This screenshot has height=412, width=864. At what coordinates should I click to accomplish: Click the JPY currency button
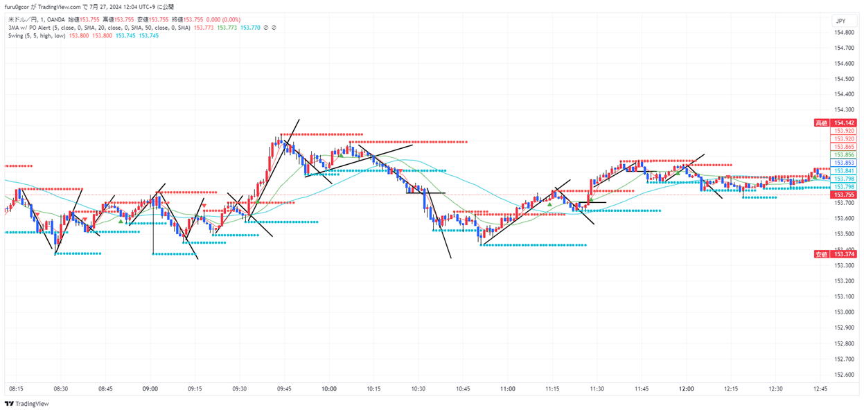coord(840,21)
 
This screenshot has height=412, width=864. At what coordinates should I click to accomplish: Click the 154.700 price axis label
coord(843,48)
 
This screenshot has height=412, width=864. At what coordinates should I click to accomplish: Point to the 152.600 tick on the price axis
coord(843,375)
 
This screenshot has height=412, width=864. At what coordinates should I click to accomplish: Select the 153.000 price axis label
coord(843,312)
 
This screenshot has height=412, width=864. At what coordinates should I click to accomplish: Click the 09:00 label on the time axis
coord(150,389)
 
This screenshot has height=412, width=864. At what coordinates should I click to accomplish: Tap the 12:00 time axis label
coord(687,389)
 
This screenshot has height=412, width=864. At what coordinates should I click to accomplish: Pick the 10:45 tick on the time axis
coord(463,389)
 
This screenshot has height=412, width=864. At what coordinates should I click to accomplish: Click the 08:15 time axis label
coord(16,389)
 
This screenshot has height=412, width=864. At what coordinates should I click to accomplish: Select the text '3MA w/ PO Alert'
coord(28,28)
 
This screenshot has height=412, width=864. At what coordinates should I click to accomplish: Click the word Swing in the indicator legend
coord(16,35)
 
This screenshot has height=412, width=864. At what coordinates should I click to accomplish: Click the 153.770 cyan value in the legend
coord(250,28)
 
